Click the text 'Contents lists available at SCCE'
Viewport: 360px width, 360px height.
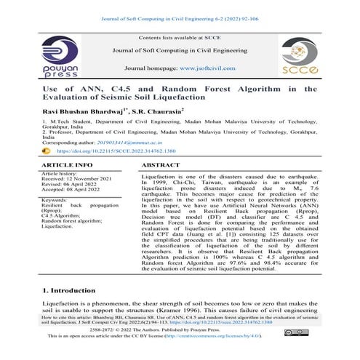(x=179, y=35)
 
